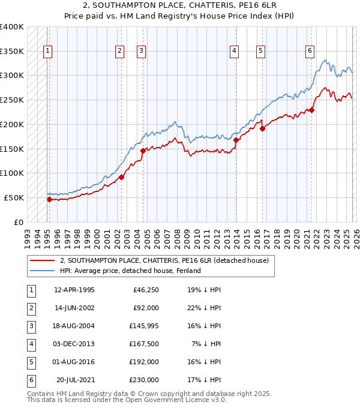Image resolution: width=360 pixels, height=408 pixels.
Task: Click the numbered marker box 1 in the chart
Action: (x=47, y=52)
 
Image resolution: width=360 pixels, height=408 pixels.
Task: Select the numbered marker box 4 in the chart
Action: (x=233, y=52)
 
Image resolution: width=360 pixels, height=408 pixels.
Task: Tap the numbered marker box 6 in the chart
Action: (x=310, y=52)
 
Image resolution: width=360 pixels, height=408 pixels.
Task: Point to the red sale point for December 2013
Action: (x=236, y=140)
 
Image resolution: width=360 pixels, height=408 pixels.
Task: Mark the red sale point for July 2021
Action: (x=312, y=110)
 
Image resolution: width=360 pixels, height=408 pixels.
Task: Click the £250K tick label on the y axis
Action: (x=12, y=100)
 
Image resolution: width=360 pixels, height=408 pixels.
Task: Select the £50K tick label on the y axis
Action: (x=14, y=197)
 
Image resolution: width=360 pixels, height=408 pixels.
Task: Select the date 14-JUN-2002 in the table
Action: (x=74, y=308)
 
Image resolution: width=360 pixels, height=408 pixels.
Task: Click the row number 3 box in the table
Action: (x=31, y=326)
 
